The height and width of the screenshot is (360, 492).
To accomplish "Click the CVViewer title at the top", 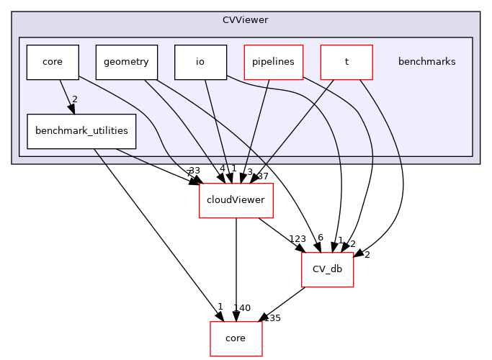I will click(x=246, y=19).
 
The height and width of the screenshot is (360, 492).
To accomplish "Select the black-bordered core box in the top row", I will click(x=52, y=62).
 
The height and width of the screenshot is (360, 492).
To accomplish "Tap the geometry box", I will click(x=126, y=62).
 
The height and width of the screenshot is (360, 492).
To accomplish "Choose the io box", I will click(x=200, y=62).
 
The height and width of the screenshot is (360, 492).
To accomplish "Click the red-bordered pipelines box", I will click(x=273, y=62).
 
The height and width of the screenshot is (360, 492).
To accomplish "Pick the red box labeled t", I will click(x=346, y=62).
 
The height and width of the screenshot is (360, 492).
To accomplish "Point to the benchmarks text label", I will click(x=426, y=62).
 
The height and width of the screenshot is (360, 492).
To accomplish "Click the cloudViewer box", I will click(x=236, y=200).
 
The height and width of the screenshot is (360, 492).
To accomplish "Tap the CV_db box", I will click(x=327, y=269).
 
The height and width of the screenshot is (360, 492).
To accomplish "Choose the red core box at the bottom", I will click(x=236, y=338).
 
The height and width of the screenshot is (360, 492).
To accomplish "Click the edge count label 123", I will click(x=297, y=238).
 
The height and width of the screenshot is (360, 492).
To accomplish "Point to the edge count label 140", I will click(x=241, y=307).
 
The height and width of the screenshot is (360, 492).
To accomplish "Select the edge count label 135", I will click(x=271, y=318).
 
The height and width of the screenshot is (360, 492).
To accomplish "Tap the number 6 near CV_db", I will click(x=321, y=238).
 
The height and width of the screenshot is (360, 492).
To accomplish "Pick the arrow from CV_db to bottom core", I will click(x=285, y=302).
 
